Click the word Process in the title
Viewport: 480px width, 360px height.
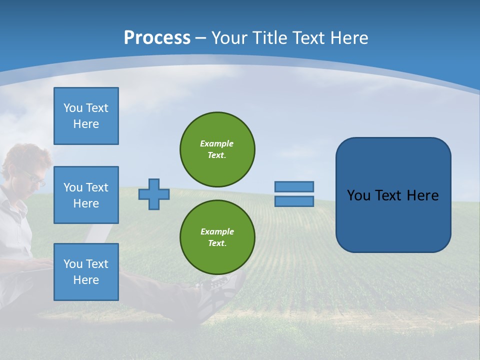tap(157, 38)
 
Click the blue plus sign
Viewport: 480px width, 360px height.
tap(154, 194)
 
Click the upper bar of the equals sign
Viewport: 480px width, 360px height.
tap(294, 186)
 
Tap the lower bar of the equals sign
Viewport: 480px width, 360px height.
tap(294, 201)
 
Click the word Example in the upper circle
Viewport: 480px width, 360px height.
tap(217, 143)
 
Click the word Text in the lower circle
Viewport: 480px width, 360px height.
tap(216, 243)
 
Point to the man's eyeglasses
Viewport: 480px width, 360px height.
tap(34, 177)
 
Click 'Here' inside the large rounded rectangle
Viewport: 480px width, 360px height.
tap(422, 195)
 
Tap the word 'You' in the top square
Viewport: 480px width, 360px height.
tap(72, 108)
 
